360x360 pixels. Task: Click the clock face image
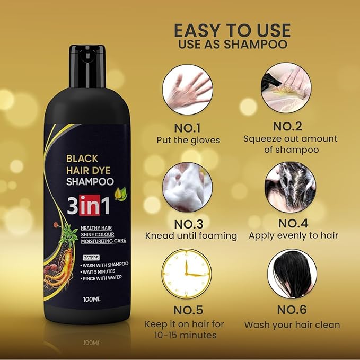point(188,274)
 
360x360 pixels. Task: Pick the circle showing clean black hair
point(292,274)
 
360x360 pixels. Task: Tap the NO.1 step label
point(188,127)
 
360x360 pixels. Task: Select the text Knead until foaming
point(191,235)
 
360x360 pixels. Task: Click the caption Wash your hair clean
point(292,324)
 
